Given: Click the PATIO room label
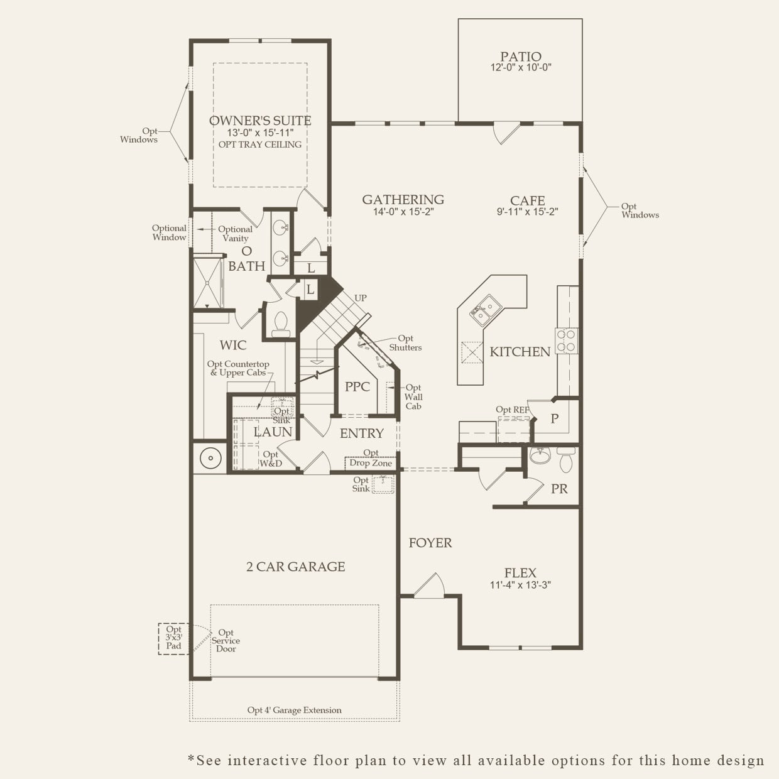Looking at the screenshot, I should coord(520,57).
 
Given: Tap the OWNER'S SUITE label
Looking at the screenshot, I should coord(260,121).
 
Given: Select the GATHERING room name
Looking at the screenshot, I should coord(403,200).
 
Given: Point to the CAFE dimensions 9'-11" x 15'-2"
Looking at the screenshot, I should coord(527,212).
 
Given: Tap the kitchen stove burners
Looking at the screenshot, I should coord(566,340).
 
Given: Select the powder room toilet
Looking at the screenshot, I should coord(566,461).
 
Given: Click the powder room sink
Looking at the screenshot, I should coord(539,455).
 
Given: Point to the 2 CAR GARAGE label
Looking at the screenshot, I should coord(295,567).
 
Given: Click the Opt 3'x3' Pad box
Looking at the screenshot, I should coord(173,638).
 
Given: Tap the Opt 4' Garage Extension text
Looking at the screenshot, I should coord(294,711).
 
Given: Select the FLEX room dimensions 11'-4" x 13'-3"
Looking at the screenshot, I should coord(520,585).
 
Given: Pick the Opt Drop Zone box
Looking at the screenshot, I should coord(371,463).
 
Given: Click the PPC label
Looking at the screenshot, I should coord(357,387).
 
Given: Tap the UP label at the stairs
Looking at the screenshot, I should coord(361,298).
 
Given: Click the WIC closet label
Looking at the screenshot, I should coord(233,345).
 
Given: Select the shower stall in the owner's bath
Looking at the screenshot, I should coord(207,282).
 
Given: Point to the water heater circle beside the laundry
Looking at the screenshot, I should coord(209,457).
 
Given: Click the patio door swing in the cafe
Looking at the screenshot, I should coord(506,133).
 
